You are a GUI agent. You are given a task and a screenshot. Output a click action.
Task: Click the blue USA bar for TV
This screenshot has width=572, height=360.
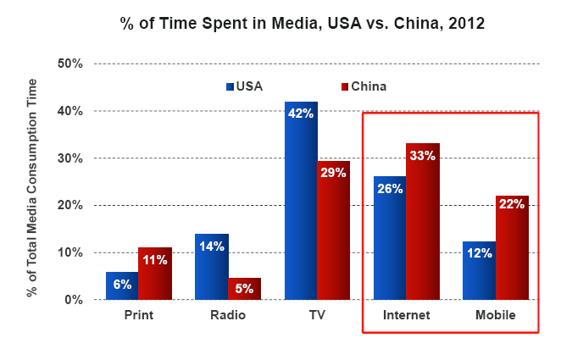[301, 203]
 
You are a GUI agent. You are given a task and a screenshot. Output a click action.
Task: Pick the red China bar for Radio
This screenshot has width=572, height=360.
[244, 289]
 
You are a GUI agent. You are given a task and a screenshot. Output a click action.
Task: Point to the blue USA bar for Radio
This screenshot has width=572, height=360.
[211, 267]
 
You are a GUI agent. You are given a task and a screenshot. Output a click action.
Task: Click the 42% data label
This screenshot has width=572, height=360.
[301, 114]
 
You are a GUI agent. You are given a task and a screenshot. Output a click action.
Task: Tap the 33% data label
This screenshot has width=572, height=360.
[423, 156]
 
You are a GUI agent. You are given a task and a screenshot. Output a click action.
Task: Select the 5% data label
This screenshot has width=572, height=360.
[244, 289]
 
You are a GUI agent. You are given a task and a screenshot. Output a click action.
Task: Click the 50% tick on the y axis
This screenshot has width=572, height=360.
[69, 64]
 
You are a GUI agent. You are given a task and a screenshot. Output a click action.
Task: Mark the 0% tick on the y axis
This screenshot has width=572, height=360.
[73, 300]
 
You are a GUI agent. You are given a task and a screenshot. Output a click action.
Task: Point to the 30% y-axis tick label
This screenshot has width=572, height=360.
[69, 158]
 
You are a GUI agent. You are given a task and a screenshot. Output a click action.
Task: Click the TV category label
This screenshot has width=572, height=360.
[317, 316]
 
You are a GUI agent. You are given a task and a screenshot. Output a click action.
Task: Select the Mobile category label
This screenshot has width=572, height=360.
[496, 316]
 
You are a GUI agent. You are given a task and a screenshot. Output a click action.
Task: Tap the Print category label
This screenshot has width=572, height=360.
[138, 316]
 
